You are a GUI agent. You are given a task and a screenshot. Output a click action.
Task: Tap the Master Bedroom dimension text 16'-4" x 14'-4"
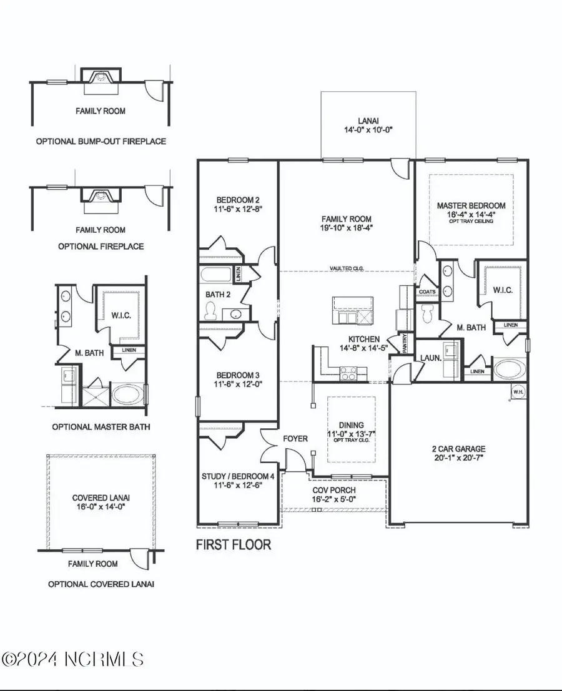tap(471, 213)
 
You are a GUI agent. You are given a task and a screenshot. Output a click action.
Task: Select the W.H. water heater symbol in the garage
tap(518, 391)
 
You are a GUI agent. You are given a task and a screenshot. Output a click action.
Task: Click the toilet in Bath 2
tap(211, 309)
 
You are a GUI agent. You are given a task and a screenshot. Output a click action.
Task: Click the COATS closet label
tap(427, 292)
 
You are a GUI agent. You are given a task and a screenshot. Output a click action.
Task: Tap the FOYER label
tap(295, 439)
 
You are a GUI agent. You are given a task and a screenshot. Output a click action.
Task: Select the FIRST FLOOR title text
tap(234, 544)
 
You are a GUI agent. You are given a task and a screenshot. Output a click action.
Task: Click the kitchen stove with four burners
tap(348, 373)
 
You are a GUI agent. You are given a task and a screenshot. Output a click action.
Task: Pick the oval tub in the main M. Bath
tap(510, 368)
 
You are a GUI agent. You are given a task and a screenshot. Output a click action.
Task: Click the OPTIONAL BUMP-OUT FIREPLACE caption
tap(101, 141)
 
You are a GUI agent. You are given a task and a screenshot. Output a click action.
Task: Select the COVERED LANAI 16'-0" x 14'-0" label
tap(101, 502)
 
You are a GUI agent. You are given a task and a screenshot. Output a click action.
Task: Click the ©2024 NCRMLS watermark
tap(73, 659)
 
